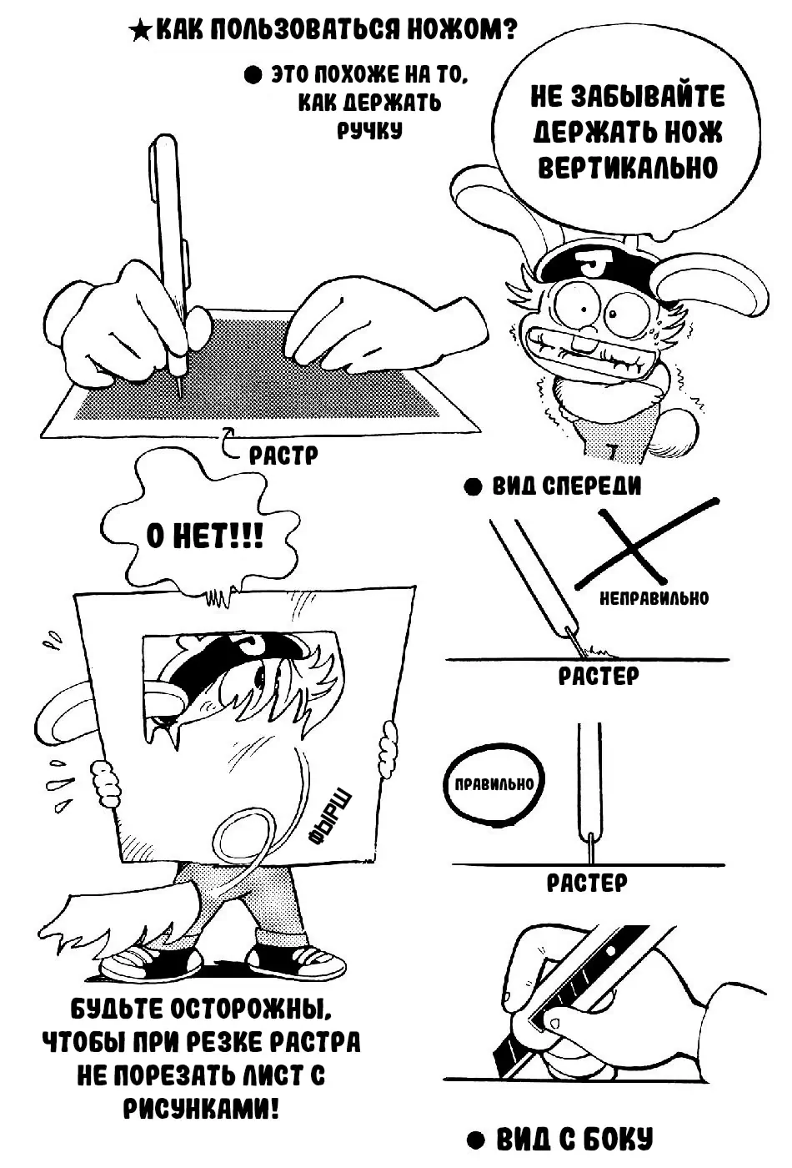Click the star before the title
point(140,32)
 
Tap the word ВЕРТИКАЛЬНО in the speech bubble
point(628,168)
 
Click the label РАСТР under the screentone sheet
point(283,456)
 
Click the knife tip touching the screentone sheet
point(180,397)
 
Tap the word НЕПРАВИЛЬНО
point(654,598)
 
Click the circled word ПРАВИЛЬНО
point(494,784)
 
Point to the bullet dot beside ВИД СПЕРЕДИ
point(473,488)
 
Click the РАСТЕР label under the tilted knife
point(599,677)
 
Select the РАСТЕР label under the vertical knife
point(587,883)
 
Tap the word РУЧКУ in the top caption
point(370,129)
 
